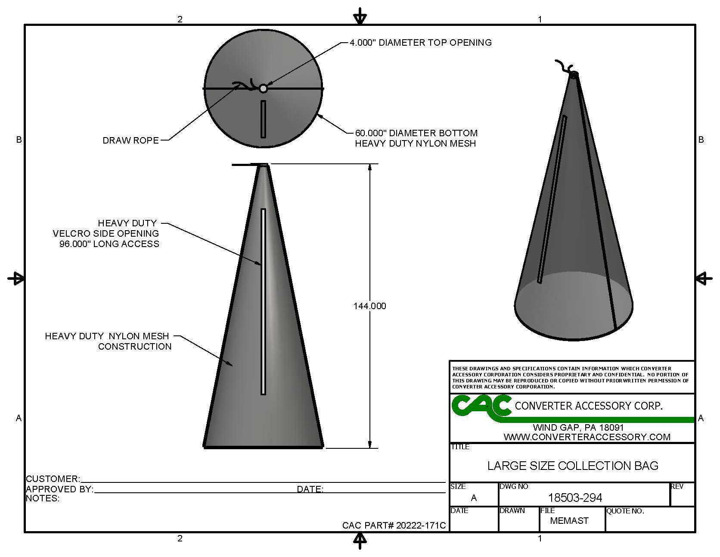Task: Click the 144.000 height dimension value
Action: (369, 306)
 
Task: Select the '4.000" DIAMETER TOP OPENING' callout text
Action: (420, 42)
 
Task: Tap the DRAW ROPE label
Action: (130, 141)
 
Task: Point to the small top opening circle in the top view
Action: (263, 88)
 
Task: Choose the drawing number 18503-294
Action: (575, 498)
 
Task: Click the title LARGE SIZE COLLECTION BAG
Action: (573, 466)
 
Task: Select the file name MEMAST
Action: (569, 521)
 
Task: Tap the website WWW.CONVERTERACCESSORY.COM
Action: (587, 437)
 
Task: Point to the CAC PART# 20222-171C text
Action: (394, 526)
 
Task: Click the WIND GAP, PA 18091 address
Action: (578, 428)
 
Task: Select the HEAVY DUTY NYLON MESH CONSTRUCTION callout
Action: (108, 341)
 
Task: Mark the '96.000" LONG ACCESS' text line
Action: (109, 244)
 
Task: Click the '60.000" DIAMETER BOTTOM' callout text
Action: (416, 133)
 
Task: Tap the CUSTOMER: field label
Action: (53, 479)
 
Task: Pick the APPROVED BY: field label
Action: (59, 489)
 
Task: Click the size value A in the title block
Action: (474, 498)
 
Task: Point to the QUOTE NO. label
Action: (625, 511)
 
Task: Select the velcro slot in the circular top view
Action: (263, 119)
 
